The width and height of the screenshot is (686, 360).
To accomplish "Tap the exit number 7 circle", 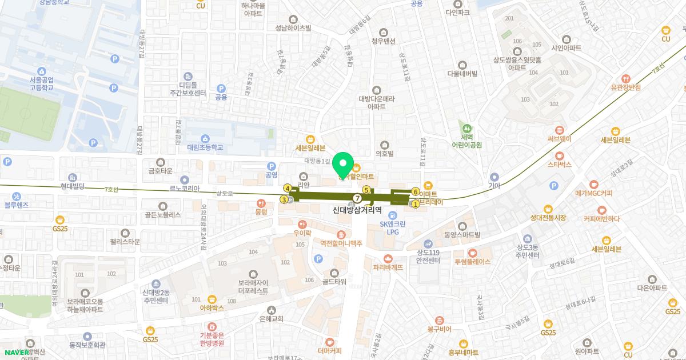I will [357, 198].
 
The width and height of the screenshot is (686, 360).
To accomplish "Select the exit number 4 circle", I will [287, 187].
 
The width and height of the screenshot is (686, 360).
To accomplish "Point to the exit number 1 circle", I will [415, 203].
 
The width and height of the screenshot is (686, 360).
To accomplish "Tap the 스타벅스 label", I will [560, 164].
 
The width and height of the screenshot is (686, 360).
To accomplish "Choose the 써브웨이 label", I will [559, 138].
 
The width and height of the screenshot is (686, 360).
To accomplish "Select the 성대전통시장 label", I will [548, 218].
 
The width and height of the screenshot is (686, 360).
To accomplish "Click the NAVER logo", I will [15, 352].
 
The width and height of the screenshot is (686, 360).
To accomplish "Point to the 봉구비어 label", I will [439, 329].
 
